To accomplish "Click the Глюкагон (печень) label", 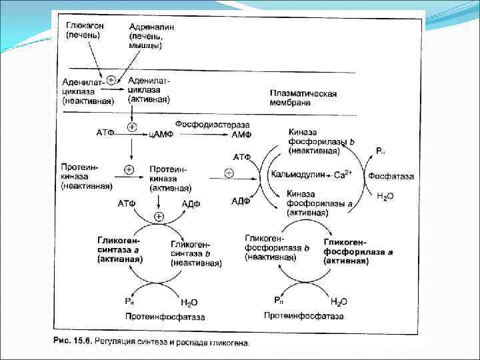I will (x=84, y=30).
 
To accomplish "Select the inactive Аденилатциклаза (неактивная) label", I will (x=87, y=91).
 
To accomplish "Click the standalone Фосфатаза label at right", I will (x=391, y=177).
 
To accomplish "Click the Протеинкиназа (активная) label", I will (x=171, y=179).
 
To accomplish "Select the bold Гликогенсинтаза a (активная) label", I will (x=120, y=249).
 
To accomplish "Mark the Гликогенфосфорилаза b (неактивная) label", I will (x=277, y=247).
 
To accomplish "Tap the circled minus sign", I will (x=229, y=175).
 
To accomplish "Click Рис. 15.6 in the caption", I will (x=71, y=342).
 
